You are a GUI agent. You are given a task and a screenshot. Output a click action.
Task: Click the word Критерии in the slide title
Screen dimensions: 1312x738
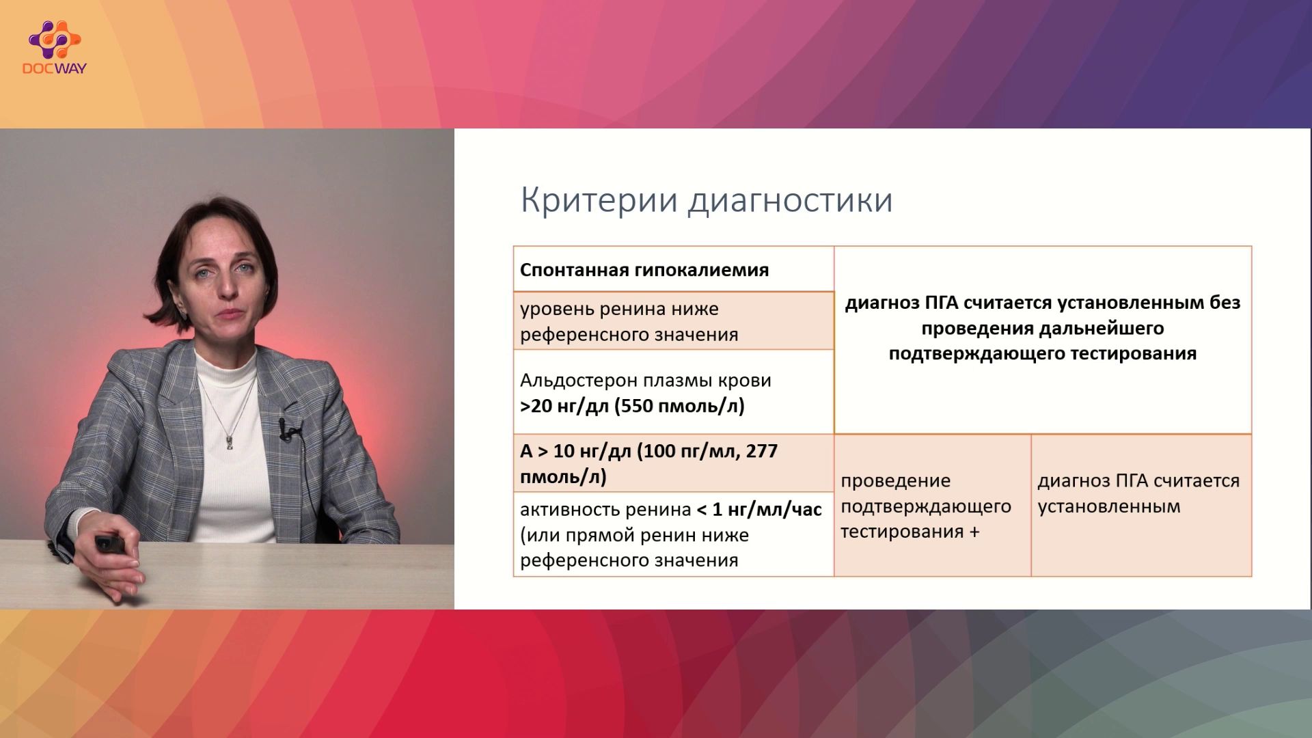(x=599, y=200)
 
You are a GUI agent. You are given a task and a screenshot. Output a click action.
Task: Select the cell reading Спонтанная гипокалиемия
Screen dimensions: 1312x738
(x=644, y=270)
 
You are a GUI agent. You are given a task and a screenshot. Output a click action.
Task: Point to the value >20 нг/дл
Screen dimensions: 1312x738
(x=564, y=407)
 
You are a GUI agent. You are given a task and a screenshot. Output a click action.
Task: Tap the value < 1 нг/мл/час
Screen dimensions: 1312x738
(x=758, y=510)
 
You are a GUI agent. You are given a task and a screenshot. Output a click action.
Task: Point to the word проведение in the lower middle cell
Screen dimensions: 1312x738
(x=895, y=481)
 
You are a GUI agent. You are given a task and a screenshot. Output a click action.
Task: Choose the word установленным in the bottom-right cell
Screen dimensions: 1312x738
(x=1108, y=507)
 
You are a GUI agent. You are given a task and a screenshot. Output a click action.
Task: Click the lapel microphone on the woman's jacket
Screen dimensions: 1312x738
(x=286, y=429)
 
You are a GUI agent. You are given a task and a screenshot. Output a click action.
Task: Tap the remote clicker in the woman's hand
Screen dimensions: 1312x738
(x=110, y=543)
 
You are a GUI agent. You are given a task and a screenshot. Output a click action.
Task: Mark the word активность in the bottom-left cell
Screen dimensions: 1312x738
(x=571, y=510)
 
